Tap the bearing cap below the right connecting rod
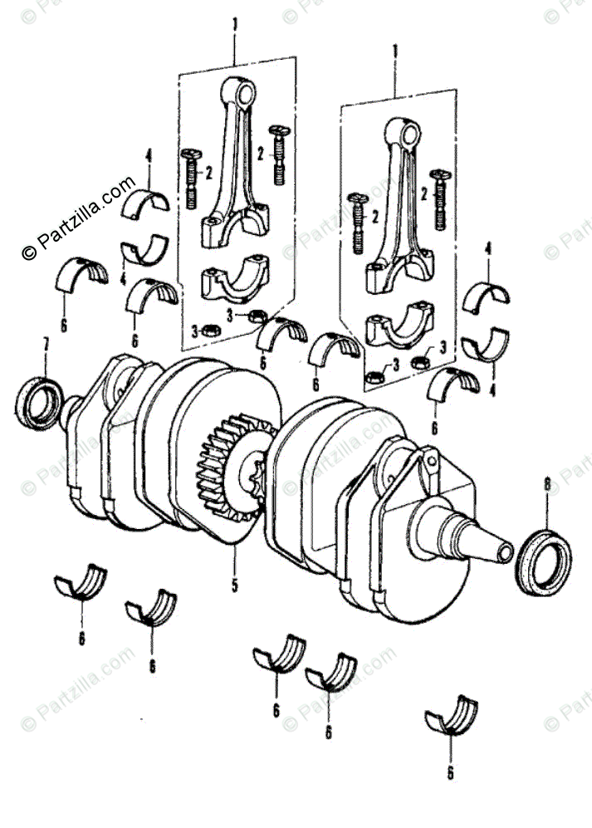397,326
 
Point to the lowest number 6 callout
451,772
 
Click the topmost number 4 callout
149,154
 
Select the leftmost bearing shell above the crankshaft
82,274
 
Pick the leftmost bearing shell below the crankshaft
81,584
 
